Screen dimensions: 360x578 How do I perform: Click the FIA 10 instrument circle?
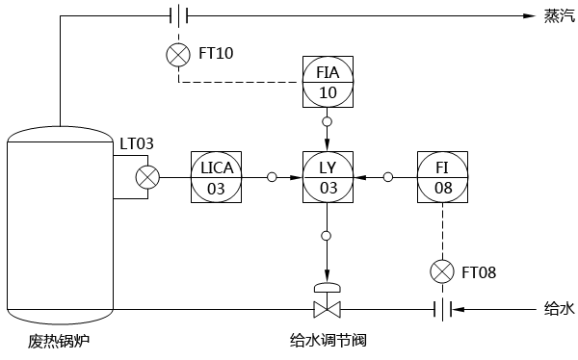point(328,82)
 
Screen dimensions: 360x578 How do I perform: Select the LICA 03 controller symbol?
point(217,177)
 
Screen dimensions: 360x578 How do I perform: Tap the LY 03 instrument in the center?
point(328,177)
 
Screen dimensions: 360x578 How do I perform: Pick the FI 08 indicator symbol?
point(443,177)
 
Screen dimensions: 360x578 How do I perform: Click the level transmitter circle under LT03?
point(147,177)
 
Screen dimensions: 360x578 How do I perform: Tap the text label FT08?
point(479,272)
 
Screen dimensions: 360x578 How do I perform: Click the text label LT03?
point(137,144)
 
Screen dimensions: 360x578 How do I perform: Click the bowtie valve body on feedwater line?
point(328,310)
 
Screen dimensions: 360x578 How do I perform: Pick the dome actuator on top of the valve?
point(328,288)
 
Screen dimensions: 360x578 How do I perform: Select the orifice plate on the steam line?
point(178,15)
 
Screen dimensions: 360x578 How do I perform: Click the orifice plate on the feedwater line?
point(443,310)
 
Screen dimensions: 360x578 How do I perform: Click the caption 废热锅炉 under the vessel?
point(60,342)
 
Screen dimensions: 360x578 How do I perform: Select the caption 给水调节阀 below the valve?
point(328,341)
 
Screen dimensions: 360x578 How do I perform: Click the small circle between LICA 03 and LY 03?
point(272,177)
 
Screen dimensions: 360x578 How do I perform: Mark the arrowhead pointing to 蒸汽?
point(529,15)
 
